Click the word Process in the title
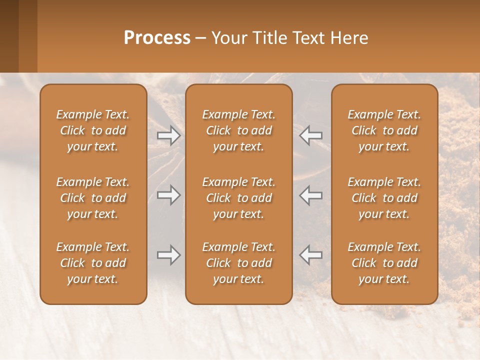157,38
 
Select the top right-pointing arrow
168,135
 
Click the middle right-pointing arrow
168,195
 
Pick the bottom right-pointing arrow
168,255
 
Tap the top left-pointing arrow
310,135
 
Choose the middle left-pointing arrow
310,195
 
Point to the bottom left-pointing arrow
310,255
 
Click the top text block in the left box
93,130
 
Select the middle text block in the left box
93,198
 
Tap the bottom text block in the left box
93,263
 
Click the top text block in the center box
238,130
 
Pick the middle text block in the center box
238,198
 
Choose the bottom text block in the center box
238,263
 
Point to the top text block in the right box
384,130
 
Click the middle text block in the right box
384,198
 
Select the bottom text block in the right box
384,263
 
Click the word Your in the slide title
227,38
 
